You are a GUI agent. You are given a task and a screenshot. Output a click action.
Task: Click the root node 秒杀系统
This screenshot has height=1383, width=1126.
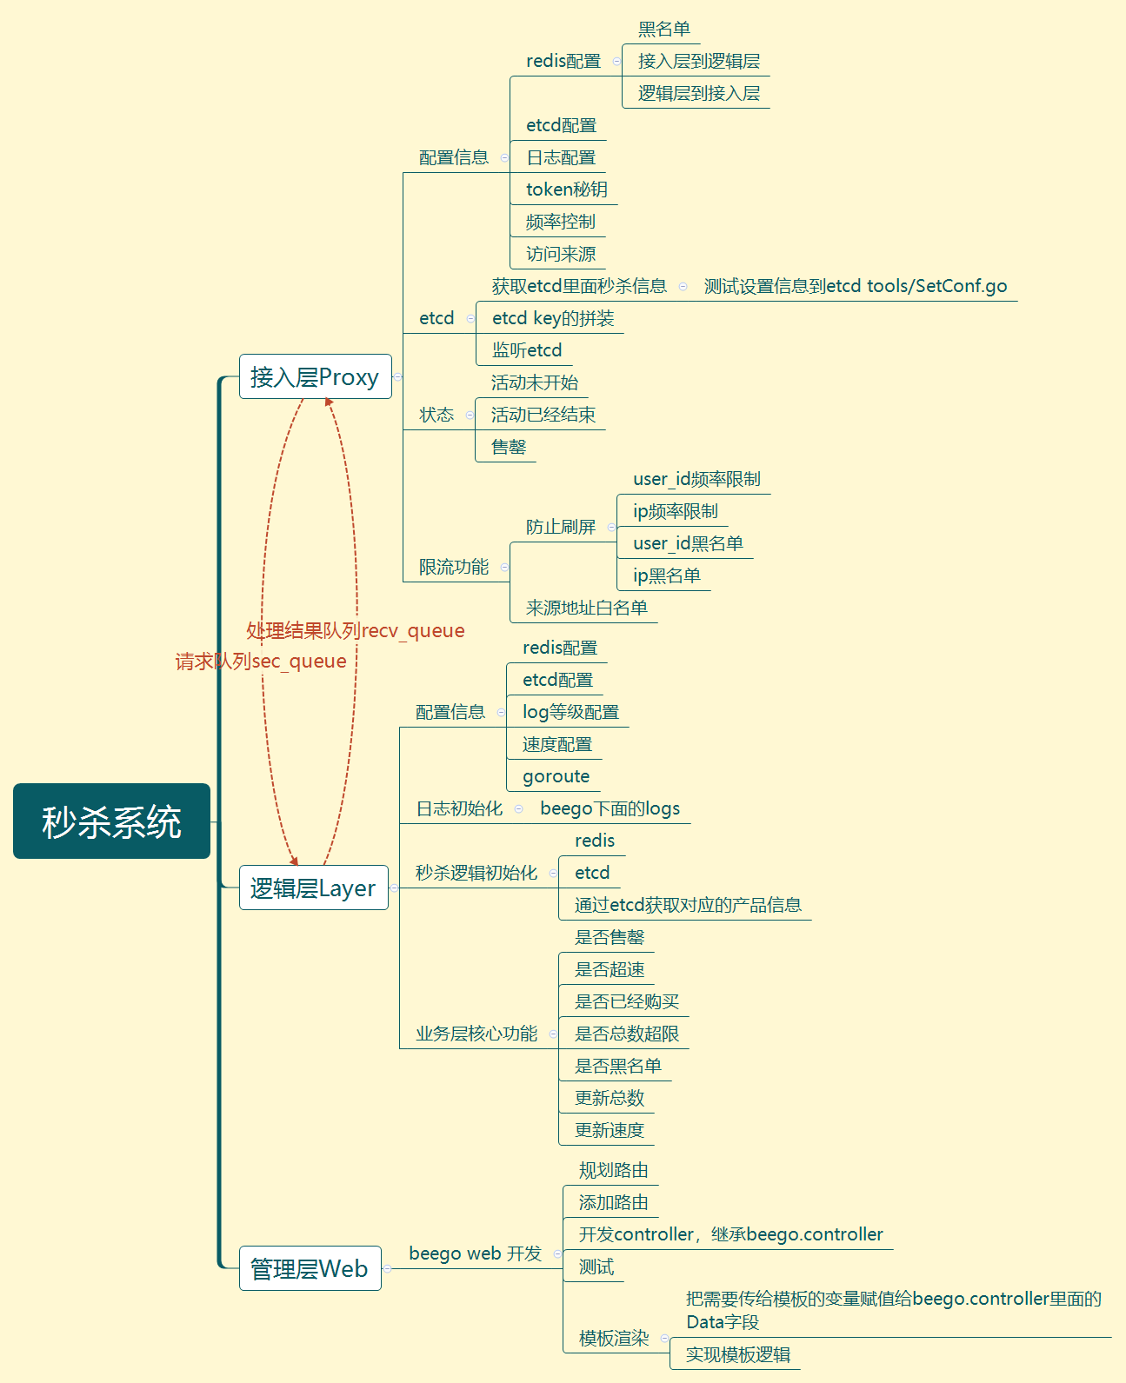pos(111,821)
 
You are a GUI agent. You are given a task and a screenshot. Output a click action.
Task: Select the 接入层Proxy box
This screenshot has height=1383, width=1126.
pos(315,377)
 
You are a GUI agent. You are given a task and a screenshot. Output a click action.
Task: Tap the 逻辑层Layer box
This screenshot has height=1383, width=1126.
pos(313,888)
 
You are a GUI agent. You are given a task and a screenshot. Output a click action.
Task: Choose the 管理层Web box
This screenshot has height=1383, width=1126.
pos(310,1269)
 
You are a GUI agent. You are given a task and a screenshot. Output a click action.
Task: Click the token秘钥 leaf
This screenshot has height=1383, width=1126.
pos(566,189)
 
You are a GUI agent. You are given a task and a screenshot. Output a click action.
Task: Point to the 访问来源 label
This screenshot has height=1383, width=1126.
pos(561,254)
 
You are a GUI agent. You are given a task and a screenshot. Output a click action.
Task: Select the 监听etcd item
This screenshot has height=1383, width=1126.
pos(527,350)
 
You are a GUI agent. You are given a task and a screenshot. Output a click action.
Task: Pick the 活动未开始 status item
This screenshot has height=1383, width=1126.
pos(534,382)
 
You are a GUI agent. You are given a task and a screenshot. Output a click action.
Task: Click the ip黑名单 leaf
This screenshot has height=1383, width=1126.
pos(666,575)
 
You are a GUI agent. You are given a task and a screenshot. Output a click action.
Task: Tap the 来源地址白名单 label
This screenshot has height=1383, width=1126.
pos(586,608)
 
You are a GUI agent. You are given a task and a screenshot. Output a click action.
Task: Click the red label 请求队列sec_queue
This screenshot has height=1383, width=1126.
pos(261,662)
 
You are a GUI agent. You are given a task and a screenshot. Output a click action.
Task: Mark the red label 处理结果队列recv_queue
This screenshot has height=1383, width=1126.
pos(355,631)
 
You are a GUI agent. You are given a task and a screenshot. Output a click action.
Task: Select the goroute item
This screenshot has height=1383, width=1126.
pos(556,776)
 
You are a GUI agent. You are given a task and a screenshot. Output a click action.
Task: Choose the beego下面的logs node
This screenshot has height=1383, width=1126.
pos(610,808)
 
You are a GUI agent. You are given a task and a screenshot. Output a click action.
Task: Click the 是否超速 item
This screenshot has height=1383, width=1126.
pos(610,969)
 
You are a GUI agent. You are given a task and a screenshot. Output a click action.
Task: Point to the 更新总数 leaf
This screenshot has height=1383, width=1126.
pos(610,1098)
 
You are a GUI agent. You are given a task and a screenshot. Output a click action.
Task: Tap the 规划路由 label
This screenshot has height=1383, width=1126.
pos(613,1170)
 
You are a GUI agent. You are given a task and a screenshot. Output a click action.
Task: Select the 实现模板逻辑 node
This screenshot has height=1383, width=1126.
pos(737,1354)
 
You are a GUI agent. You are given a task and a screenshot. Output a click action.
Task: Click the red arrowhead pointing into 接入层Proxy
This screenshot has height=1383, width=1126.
pos(329,402)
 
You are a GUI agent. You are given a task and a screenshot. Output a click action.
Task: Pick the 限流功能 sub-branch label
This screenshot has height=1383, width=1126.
pos(453,567)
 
